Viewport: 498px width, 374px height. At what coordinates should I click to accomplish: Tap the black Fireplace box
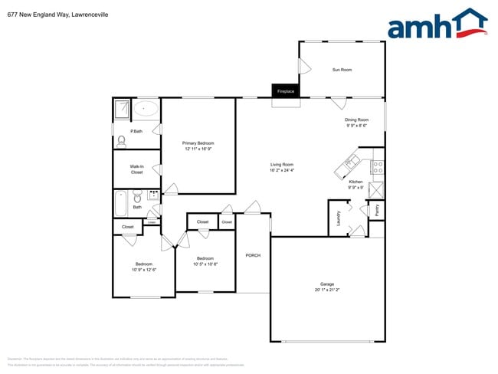tap(286, 91)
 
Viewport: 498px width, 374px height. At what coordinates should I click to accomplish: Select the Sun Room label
tap(342, 70)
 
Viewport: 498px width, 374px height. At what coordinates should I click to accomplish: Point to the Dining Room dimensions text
tap(357, 125)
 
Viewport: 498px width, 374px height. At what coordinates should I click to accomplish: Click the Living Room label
tap(282, 164)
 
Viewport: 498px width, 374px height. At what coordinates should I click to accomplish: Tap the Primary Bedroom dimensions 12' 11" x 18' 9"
tap(198, 149)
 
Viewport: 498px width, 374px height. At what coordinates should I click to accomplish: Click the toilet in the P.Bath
tap(120, 141)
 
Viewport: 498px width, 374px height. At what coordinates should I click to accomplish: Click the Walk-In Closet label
tap(136, 169)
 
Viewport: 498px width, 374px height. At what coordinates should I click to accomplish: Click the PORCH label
tap(253, 255)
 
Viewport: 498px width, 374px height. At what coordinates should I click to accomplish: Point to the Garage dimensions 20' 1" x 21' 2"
tap(327, 290)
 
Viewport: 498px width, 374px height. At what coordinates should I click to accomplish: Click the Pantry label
tap(376, 209)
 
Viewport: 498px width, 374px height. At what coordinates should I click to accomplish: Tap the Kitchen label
tap(355, 182)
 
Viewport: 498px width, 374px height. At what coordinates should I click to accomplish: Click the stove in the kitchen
tap(376, 166)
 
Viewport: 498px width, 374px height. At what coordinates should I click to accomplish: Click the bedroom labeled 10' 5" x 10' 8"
tap(205, 261)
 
